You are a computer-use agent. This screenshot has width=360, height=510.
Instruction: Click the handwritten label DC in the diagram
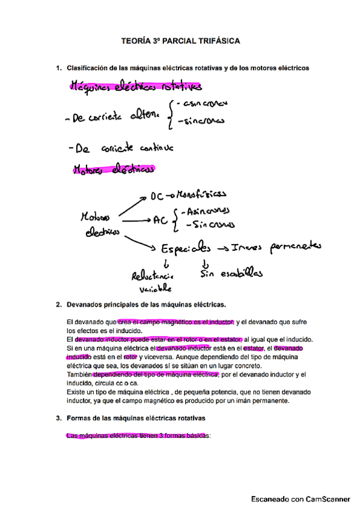[x=158, y=195]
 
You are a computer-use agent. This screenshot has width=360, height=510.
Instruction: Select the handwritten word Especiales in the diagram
[x=186, y=247]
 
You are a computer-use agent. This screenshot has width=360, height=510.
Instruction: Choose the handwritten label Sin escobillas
[x=231, y=274]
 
